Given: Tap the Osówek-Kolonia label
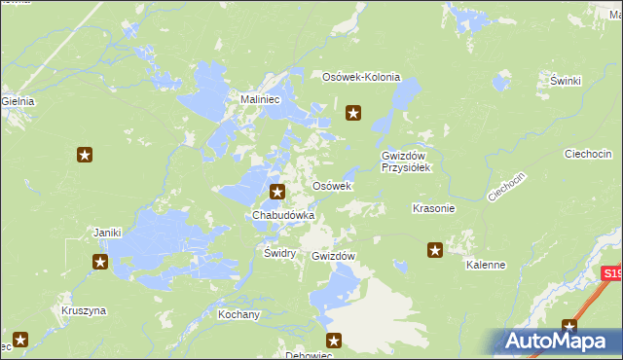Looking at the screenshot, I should click(x=361, y=77).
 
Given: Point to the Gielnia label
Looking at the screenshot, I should click(x=18, y=100).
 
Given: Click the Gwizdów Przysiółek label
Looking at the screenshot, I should click(x=406, y=161).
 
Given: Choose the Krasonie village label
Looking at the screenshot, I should click(x=433, y=208).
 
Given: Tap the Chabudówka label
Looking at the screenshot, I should click(x=283, y=214).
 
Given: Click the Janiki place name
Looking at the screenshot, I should click(x=106, y=233).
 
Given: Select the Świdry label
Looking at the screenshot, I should click(x=279, y=252).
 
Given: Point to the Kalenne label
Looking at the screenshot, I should click(x=485, y=265).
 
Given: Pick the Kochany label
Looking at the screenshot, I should click(x=238, y=314).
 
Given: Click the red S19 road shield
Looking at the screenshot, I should click(x=611, y=275).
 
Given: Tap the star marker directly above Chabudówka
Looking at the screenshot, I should click(x=278, y=193).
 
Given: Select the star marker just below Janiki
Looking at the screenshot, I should click(x=100, y=261).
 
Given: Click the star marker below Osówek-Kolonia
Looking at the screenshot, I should click(x=354, y=114).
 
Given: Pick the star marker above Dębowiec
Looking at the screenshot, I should click(x=334, y=341).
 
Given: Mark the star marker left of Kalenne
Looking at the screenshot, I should click(x=435, y=250).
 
